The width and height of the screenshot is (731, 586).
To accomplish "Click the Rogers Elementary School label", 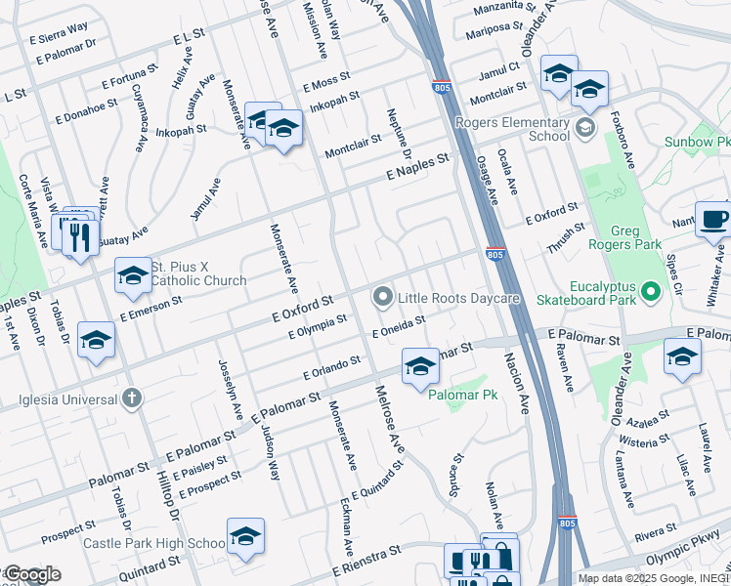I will coord(523,130).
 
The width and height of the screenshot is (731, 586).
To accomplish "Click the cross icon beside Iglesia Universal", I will coord(132,398).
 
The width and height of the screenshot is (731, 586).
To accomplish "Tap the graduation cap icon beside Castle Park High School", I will coord(246,536).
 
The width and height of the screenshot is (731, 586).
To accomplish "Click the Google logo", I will coord(31,574).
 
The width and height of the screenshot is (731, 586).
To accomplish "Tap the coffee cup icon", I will coord(713,219).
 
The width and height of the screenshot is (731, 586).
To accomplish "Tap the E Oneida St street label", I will coord(399,327).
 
